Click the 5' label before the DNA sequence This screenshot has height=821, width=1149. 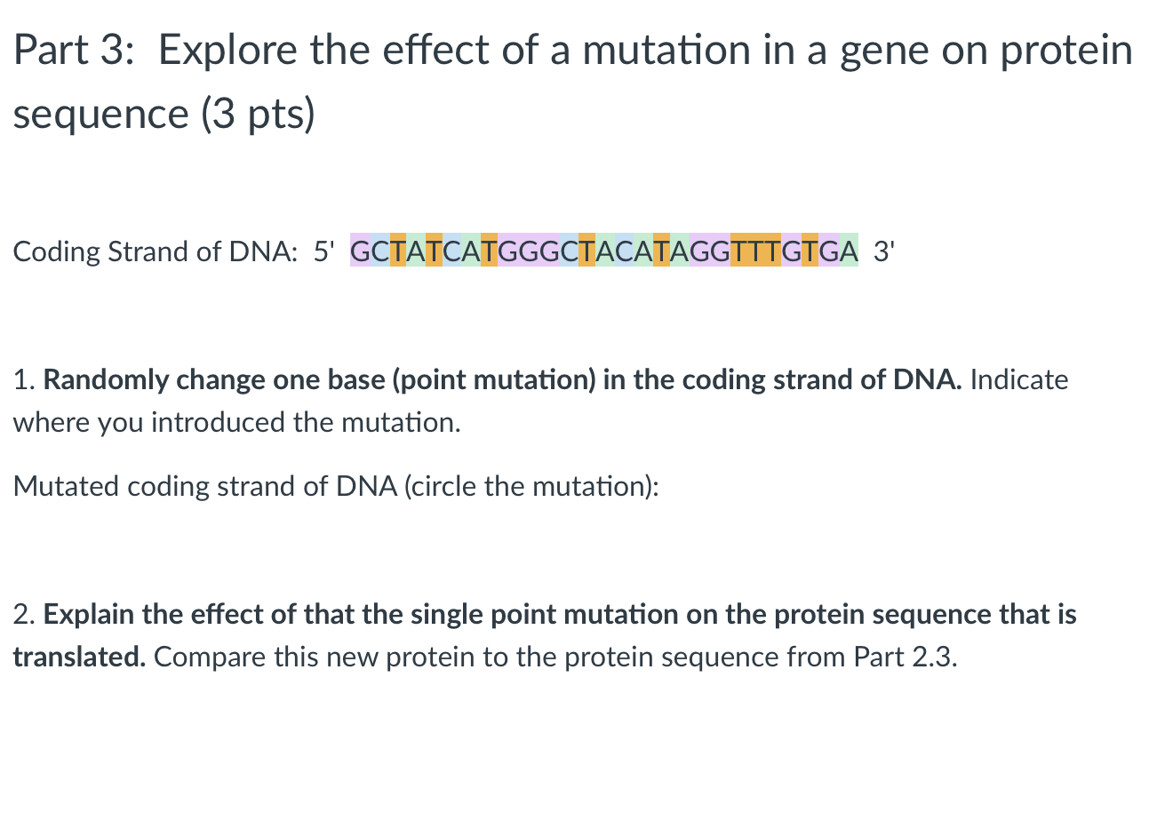click(x=321, y=252)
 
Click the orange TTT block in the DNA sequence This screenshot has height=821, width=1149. click(x=755, y=252)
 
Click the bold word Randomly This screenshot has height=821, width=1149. click(x=106, y=380)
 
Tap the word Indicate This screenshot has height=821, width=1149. click(x=1019, y=380)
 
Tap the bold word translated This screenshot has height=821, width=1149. click(x=80, y=658)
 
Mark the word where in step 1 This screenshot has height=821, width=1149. click(x=42, y=422)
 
